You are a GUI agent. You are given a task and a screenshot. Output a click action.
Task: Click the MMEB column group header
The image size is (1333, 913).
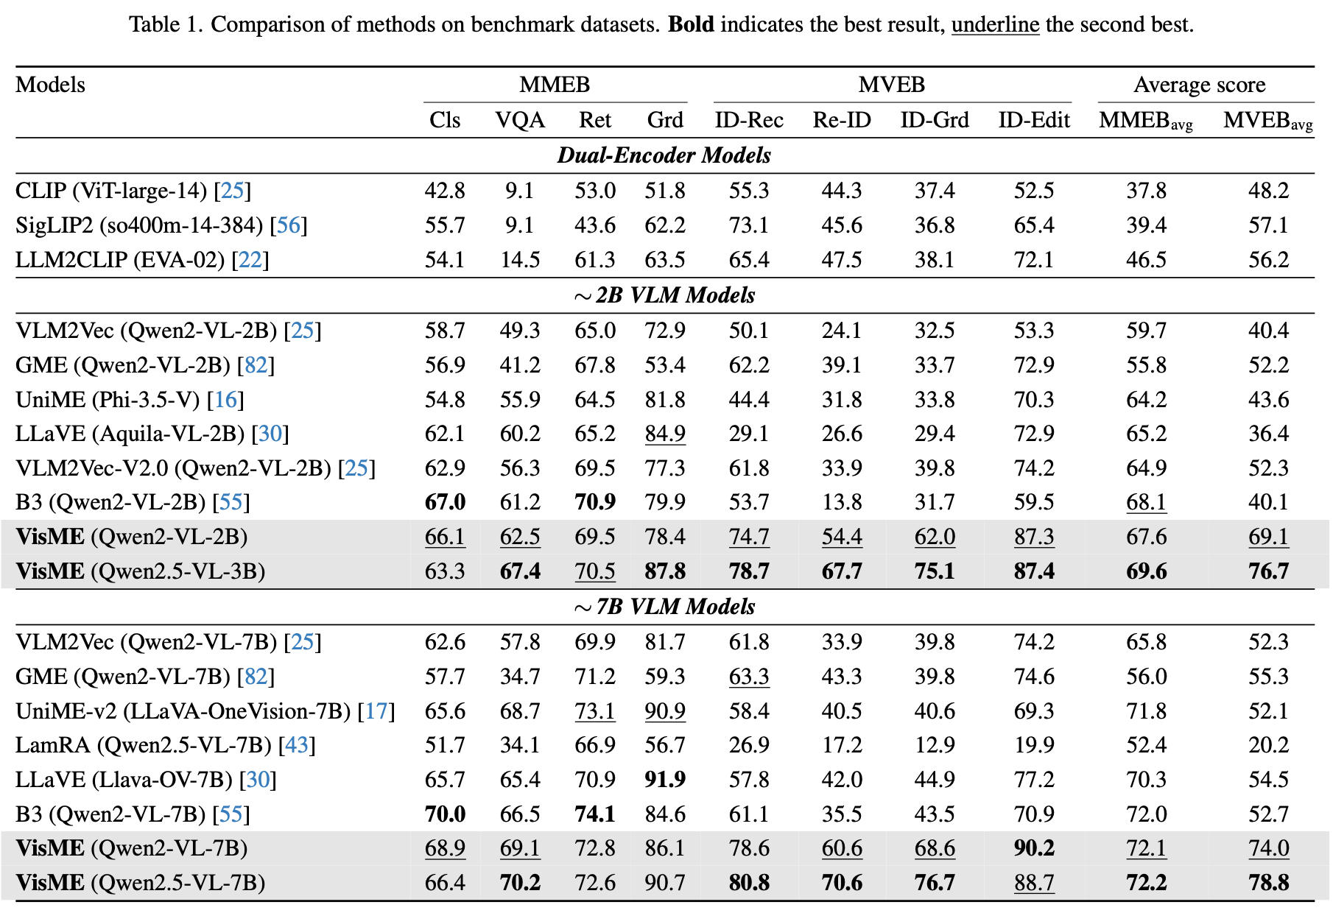[x=555, y=85]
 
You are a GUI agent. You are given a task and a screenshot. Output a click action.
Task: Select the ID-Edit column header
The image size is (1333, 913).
[x=1034, y=120]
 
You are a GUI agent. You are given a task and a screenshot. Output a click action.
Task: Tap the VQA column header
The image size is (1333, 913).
[x=520, y=120]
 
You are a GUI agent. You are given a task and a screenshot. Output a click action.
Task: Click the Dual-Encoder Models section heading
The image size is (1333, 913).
[x=664, y=155]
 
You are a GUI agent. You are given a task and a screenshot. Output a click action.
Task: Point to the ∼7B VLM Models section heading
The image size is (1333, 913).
[x=664, y=607]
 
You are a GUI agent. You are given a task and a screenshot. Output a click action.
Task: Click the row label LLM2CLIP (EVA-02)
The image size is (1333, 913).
[x=120, y=260]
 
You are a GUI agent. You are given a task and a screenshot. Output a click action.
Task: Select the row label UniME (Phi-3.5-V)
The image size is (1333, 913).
[x=108, y=400]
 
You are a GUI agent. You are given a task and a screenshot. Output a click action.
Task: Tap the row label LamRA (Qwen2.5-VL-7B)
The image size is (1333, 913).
[x=144, y=745]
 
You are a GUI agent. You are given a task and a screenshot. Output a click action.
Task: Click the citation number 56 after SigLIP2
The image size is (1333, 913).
[x=289, y=225]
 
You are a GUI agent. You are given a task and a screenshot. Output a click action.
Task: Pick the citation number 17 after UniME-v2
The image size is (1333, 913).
[x=376, y=711]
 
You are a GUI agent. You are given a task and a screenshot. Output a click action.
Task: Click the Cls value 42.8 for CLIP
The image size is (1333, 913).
[x=445, y=191]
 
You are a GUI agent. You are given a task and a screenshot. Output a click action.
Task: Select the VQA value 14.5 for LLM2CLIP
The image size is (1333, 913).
[x=520, y=260]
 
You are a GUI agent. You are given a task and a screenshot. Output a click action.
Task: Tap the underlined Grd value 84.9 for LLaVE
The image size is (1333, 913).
[x=665, y=434]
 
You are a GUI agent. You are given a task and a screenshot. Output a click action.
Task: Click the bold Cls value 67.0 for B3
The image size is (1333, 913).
[x=445, y=502]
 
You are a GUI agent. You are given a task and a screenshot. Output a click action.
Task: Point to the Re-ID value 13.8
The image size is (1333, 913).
[x=842, y=502]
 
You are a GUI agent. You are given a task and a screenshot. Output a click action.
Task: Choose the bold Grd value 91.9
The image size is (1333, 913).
[x=665, y=780]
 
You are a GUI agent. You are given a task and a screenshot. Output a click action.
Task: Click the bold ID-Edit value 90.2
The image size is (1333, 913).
[x=1034, y=848]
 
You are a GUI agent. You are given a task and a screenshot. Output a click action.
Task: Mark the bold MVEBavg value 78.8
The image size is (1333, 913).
[x=1268, y=883]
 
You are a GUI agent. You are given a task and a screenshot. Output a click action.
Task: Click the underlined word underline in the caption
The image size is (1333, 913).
[x=995, y=24]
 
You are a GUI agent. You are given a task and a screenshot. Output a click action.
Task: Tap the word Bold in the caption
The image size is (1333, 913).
[x=691, y=24]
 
